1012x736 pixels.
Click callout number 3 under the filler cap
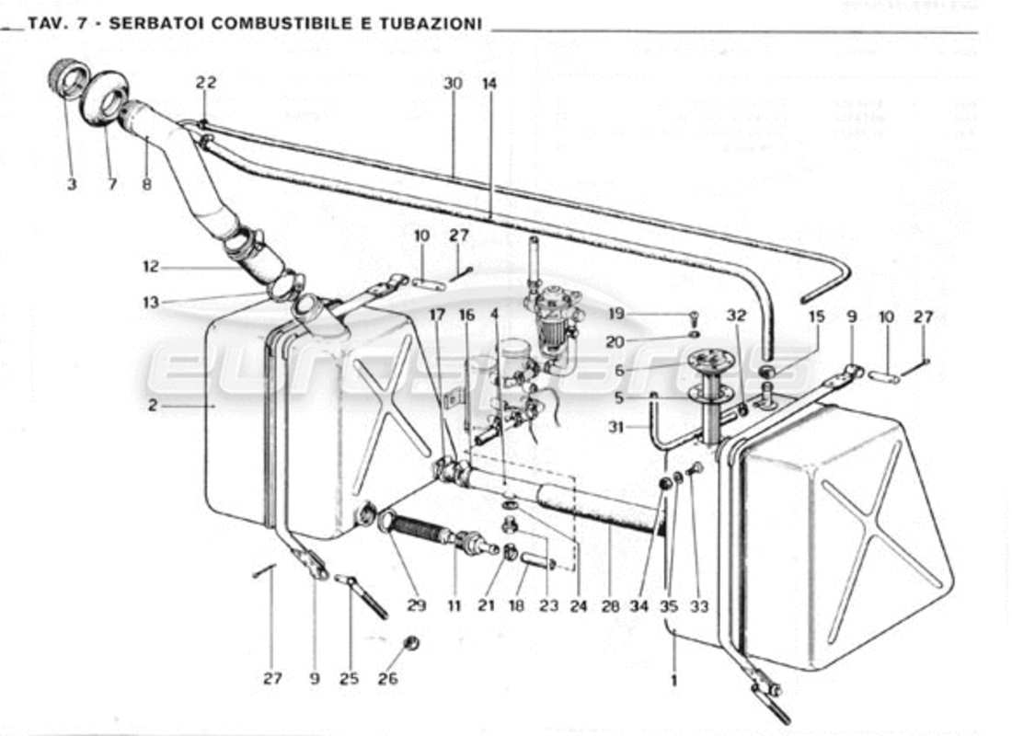coord(71,184)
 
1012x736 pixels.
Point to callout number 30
coord(452,83)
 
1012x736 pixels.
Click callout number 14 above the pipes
coord(489,83)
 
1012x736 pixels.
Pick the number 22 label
coord(205,83)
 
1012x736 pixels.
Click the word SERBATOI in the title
coord(157,23)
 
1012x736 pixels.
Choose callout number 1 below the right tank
coord(674,682)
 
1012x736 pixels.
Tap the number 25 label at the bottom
coord(349,680)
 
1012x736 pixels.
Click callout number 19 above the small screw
coord(616,314)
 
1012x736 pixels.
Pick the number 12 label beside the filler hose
coord(151,268)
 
